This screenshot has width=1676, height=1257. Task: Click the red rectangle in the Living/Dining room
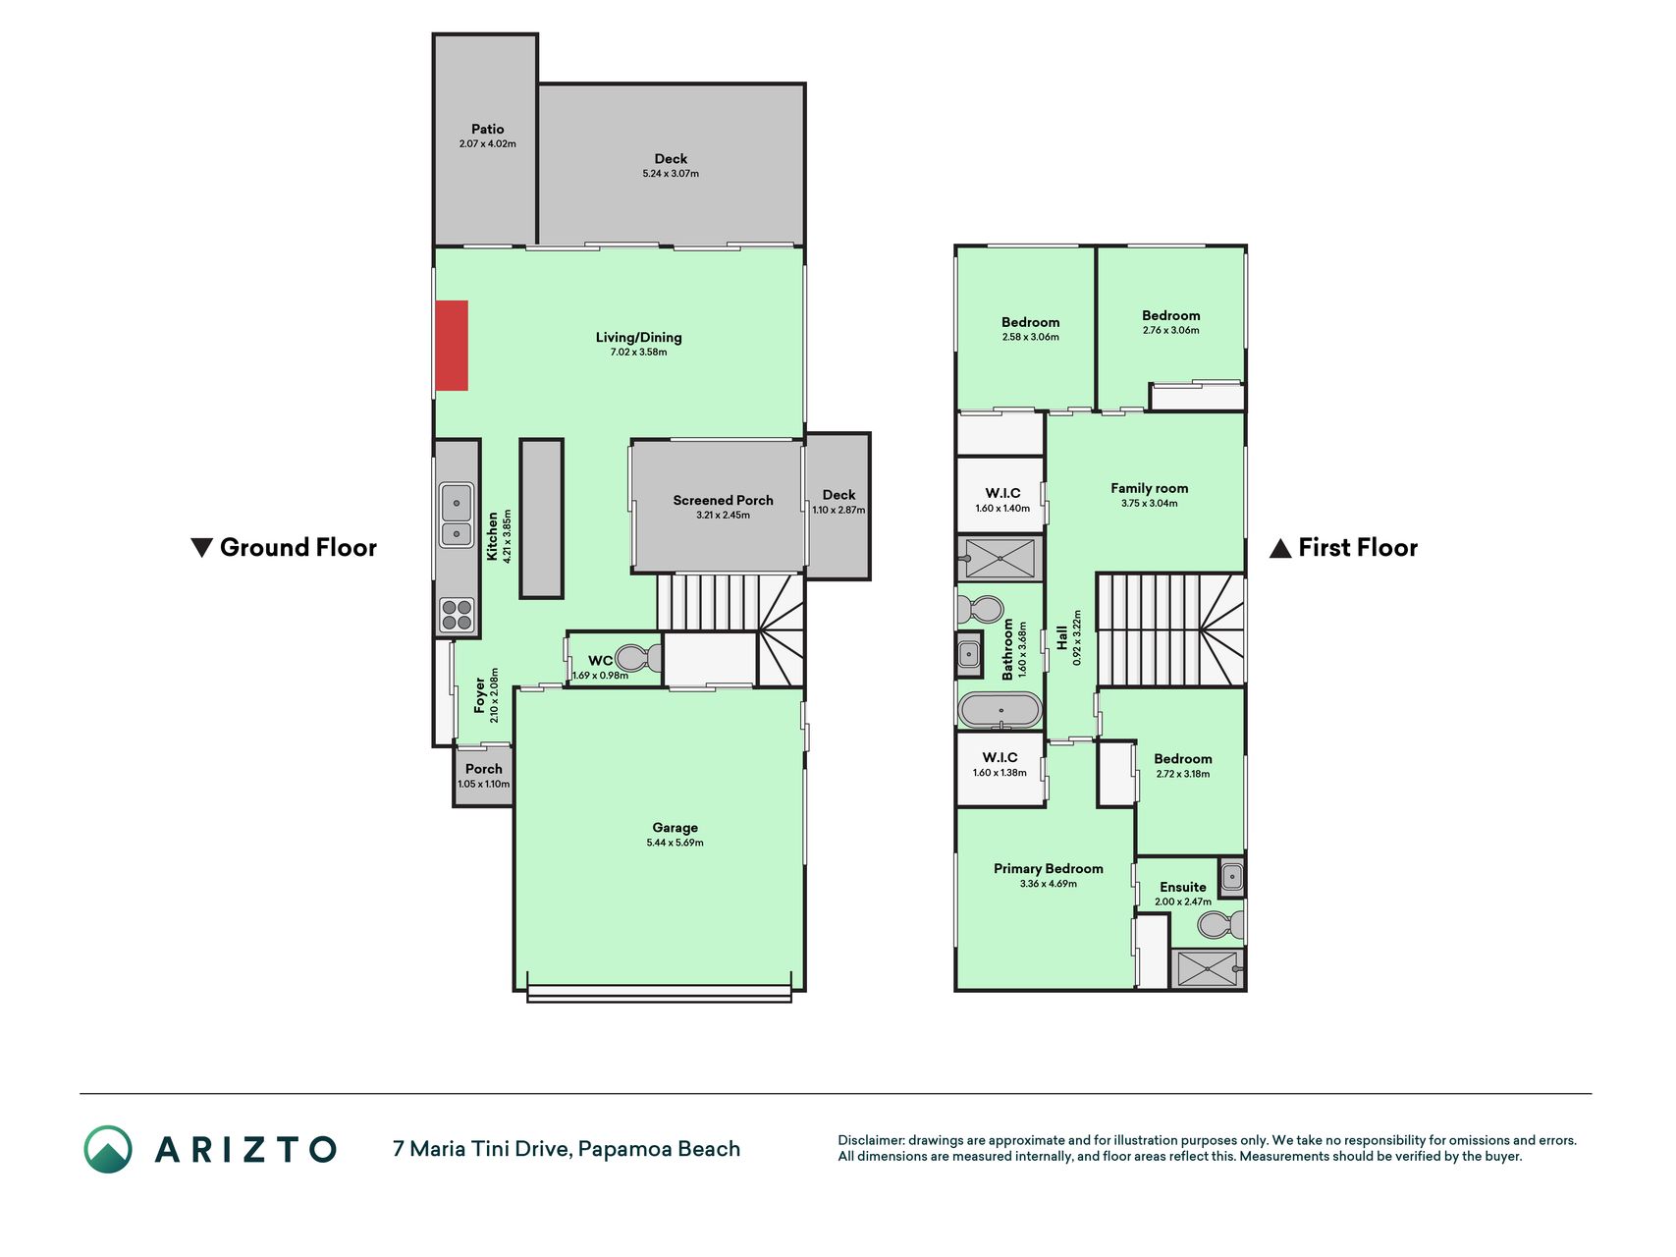click(452, 346)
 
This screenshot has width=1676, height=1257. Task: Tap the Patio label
click(487, 129)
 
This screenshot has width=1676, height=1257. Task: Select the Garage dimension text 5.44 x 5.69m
click(675, 843)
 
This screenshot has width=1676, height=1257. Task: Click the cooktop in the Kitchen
click(457, 615)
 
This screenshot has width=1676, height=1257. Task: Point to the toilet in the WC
click(638, 657)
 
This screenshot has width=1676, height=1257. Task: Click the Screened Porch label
click(723, 500)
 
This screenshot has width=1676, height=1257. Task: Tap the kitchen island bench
click(541, 519)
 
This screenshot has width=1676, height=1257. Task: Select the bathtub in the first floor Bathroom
click(1000, 710)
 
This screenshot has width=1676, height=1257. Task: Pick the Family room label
click(1149, 488)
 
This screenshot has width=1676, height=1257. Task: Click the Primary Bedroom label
click(1048, 868)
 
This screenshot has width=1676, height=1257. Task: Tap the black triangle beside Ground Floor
click(201, 548)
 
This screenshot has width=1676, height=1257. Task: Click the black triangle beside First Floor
click(1279, 548)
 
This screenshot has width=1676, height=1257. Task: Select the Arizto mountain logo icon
click(108, 1149)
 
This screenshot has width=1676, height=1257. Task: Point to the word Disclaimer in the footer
click(870, 1140)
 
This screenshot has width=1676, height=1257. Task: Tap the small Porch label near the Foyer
click(483, 769)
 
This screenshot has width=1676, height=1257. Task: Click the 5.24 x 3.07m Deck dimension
click(671, 174)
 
